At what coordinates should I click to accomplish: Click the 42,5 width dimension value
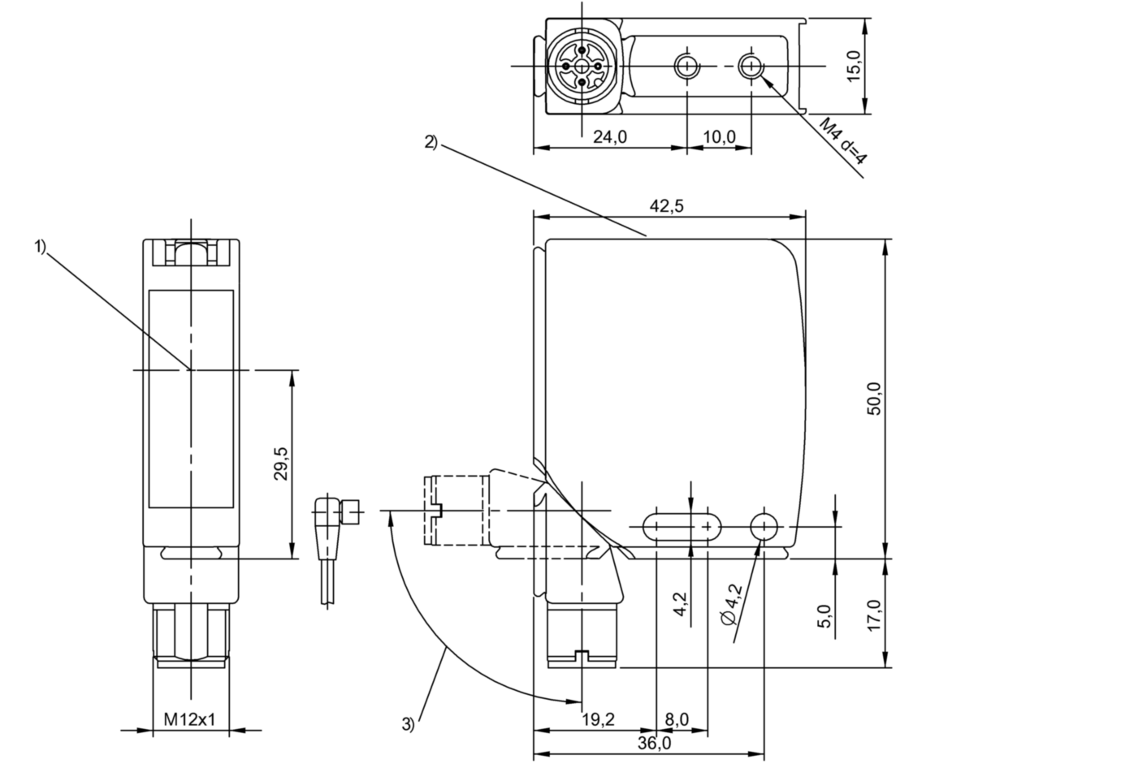667,206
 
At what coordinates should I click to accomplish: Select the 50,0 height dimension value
874,398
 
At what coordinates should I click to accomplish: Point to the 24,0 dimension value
609,137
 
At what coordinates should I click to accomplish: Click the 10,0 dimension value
718,137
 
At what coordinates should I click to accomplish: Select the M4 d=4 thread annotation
842,141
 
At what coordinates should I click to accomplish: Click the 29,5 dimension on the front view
281,464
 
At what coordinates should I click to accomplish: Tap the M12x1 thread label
190,719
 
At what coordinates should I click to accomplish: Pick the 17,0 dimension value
874,615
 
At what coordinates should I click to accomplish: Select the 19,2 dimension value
598,719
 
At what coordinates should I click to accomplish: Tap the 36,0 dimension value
655,744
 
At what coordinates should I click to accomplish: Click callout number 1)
41,247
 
